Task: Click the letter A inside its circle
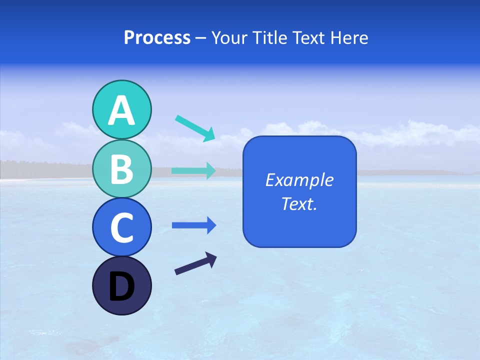(x=121, y=110)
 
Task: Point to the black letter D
(x=121, y=287)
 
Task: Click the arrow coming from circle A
(x=194, y=128)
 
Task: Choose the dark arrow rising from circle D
(x=195, y=264)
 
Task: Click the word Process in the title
(x=157, y=37)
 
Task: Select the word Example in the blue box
(x=299, y=180)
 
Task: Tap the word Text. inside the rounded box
(x=299, y=203)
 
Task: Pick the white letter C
(x=121, y=228)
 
